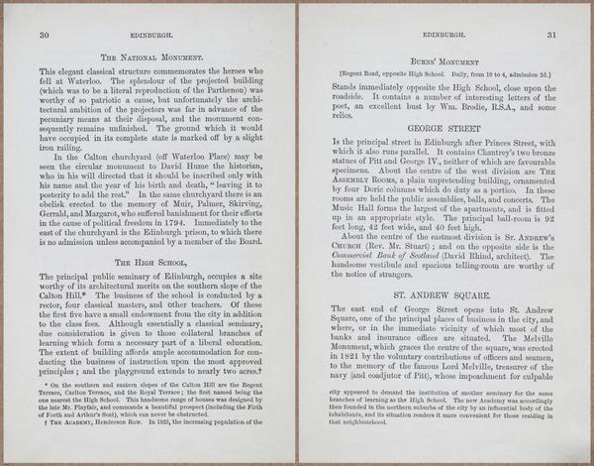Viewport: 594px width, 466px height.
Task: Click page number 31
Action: pos(551,35)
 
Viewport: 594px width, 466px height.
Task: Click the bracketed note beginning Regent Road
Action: pos(441,73)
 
